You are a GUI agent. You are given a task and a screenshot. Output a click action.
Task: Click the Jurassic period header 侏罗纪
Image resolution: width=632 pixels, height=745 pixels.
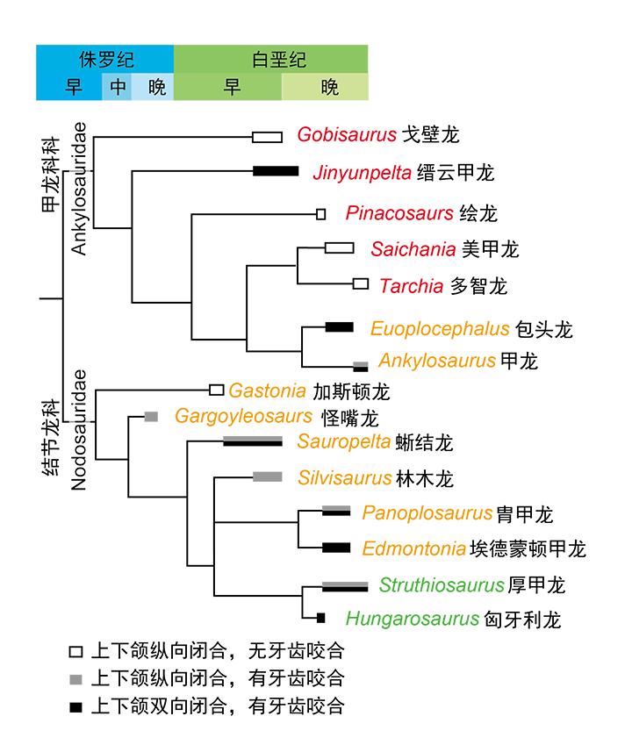(x=104, y=61)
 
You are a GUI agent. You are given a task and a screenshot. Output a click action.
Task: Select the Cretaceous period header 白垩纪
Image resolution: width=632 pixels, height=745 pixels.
(x=271, y=61)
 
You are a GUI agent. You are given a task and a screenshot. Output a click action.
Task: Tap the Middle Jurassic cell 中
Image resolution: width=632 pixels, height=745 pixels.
(x=118, y=87)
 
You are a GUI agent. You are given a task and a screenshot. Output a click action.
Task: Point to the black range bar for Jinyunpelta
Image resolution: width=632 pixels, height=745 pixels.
(x=276, y=171)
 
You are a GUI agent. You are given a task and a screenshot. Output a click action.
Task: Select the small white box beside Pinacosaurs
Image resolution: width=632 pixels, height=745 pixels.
(x=321, y=213)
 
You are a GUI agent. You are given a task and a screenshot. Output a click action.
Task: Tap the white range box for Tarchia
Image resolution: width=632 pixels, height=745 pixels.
(x=361, y=283)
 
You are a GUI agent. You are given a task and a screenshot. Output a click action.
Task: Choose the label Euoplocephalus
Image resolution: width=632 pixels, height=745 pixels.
(x=440, y=330)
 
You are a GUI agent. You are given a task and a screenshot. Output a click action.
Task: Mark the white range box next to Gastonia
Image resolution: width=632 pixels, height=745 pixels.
(x=217, y=389)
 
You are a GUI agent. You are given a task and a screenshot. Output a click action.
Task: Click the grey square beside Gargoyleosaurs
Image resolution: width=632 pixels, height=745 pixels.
(x=151, y=416)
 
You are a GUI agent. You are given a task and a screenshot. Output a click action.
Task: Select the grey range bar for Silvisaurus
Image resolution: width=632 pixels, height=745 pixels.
(x=268, y=476)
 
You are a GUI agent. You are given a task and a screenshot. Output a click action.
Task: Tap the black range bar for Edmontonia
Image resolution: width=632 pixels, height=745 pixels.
(x=335, y=548)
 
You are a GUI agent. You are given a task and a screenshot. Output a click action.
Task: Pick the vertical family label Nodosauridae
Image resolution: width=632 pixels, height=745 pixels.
(x=80, y=430)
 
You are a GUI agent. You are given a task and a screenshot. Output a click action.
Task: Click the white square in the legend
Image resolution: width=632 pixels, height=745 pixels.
(x=76, y=652)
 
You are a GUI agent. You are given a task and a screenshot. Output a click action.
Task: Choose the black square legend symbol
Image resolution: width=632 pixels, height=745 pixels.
(x=76, y=705)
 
